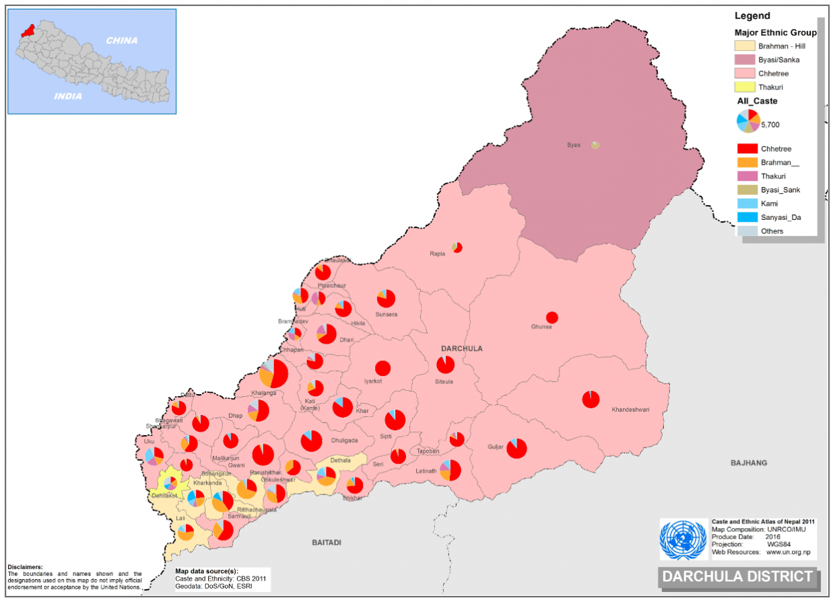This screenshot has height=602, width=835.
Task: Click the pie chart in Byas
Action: (x=595, y=145)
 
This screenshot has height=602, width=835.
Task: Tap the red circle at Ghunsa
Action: (x=552, y=317)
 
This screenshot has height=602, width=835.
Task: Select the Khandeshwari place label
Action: (x=630, y=410)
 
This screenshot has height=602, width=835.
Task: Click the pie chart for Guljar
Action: (x=516, y=448)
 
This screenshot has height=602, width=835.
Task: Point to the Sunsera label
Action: (x=387, y=314)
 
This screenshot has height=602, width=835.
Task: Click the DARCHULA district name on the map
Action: (x=463, y=348)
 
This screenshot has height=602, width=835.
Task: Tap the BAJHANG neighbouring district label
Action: (x=749, y=463)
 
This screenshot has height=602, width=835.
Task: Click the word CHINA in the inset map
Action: (x=122, y=40)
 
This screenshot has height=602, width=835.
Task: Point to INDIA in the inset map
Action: (x=69, y=96)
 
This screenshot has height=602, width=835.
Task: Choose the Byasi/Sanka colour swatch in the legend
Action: (x=745, y=60)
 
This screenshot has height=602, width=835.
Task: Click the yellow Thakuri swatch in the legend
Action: (x=745, y=87)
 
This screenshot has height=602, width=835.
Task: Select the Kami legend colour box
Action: (x=747, y=203)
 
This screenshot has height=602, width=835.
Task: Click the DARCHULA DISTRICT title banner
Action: (x=737, y=576)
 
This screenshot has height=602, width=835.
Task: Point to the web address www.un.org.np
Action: (x=788, y=552)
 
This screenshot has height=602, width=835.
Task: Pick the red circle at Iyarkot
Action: (x=382, y=368)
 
